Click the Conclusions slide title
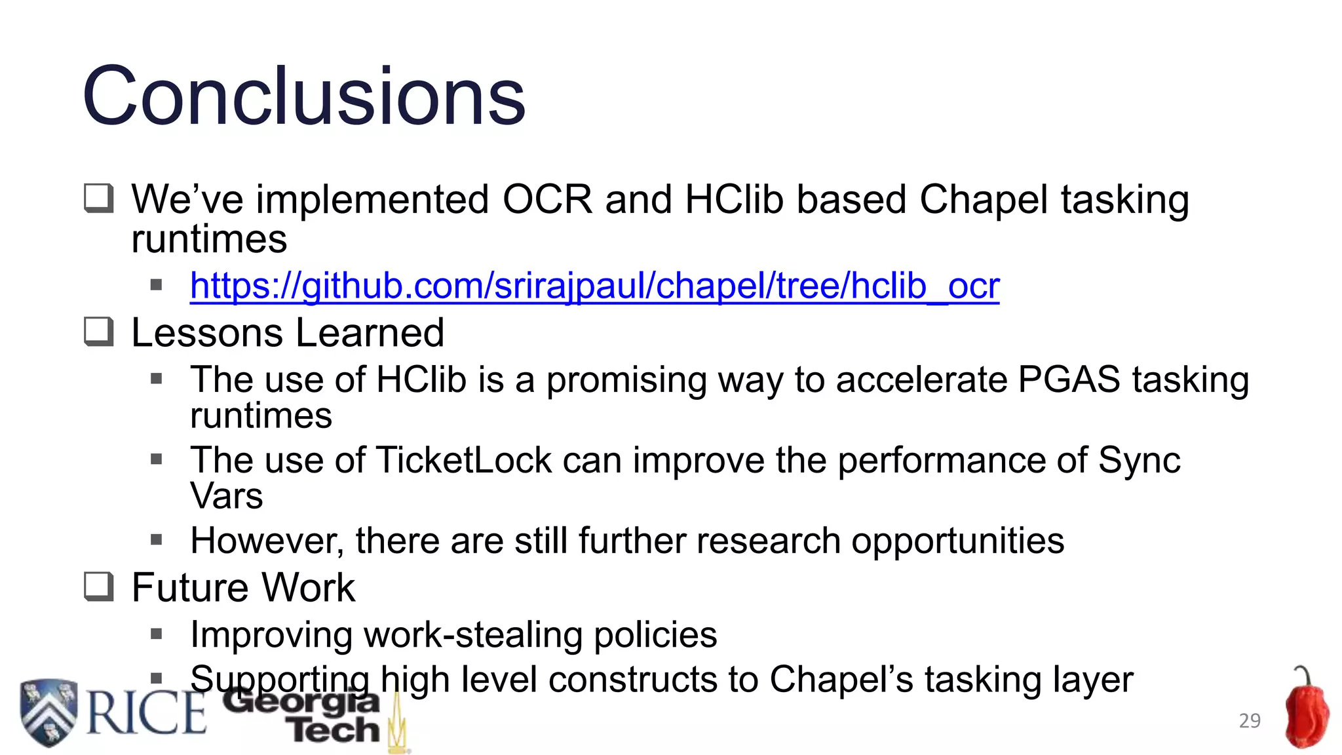304,96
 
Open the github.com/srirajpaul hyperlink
594,286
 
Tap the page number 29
1250,720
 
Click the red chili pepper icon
1307,711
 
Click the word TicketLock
464,460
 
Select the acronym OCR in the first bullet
547,199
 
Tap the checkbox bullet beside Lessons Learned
99,332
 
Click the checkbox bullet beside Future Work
99,587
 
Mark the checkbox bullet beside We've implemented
99,199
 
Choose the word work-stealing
473,634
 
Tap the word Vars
227,495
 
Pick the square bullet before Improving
156,634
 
